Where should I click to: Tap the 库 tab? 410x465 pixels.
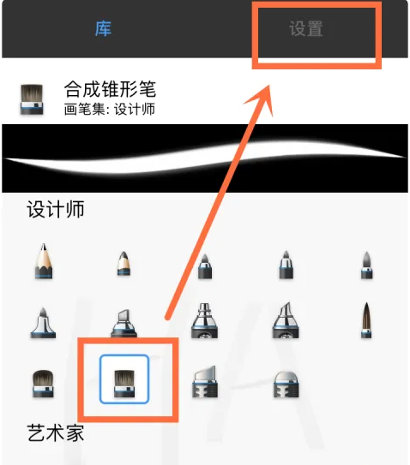coord(103,29)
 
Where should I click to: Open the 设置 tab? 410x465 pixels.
coord(306,29)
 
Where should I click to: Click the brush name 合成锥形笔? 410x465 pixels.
coord(110,89)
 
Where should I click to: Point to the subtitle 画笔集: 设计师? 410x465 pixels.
coord(109,109)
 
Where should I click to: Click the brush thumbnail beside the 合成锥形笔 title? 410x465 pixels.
coord(32,99)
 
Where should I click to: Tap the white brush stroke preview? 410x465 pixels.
coord(205,158)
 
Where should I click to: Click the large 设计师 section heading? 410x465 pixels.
coord(56,209)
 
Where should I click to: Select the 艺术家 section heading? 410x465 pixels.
coord(56,432)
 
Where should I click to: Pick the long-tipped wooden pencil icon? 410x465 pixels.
coord(44,261)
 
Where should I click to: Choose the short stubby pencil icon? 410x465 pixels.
coord(124,264)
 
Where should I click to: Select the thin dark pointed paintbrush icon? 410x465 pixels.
coord(366,320)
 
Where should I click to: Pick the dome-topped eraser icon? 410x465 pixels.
coord(286,385)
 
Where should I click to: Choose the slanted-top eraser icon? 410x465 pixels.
coord(205,382)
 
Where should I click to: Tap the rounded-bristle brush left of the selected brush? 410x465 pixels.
coord(43,383)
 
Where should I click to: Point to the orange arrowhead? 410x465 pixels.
coord(261,98)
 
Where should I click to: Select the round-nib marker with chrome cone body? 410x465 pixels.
coord(204,320)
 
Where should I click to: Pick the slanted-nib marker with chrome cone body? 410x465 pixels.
coord(286,320)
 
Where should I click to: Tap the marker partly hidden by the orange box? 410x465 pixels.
coord(124,323)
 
